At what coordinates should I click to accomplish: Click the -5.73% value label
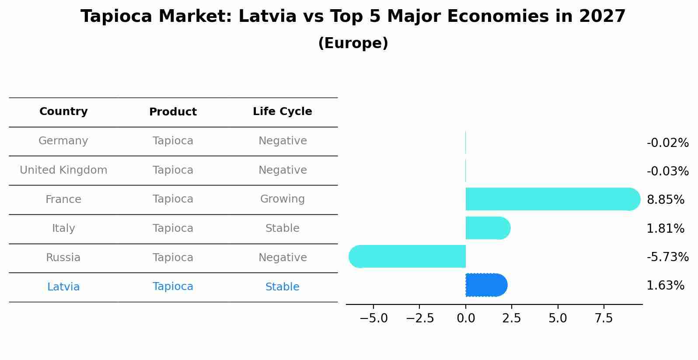click(667, 257)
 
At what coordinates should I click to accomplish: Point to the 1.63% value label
click(665, 286)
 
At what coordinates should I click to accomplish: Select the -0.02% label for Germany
click(667, 143)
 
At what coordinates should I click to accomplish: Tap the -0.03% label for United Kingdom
click(667, 171)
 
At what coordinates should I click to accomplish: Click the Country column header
click(63, 112)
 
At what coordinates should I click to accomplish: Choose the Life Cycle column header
click(282, 112)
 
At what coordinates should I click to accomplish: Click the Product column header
click(173, 112)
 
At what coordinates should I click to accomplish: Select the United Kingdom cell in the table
click(63, 170)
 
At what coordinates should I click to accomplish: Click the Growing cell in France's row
click(282, 199)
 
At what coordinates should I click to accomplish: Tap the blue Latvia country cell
click(63, 287)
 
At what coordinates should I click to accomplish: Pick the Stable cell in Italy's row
click(282, 228)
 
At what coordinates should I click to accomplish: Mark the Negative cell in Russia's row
click(282, 258)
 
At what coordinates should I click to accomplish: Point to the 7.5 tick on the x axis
click(604, 318)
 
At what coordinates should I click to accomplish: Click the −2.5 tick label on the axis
click(419, 318)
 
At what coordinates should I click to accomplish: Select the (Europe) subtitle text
click(353, 43)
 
